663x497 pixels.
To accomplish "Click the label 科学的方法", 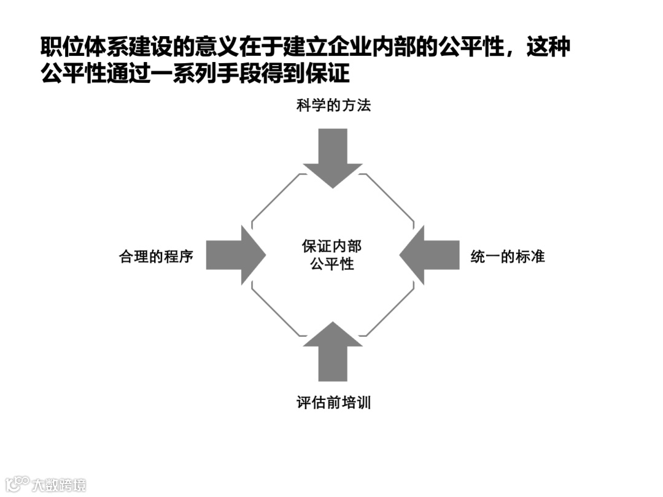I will (333, 106).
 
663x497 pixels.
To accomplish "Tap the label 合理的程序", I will (156, 256).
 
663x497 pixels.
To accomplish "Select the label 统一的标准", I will (508, 256).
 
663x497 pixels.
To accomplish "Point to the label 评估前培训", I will (333, 403).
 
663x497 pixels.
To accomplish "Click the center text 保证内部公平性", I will (332, 255).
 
